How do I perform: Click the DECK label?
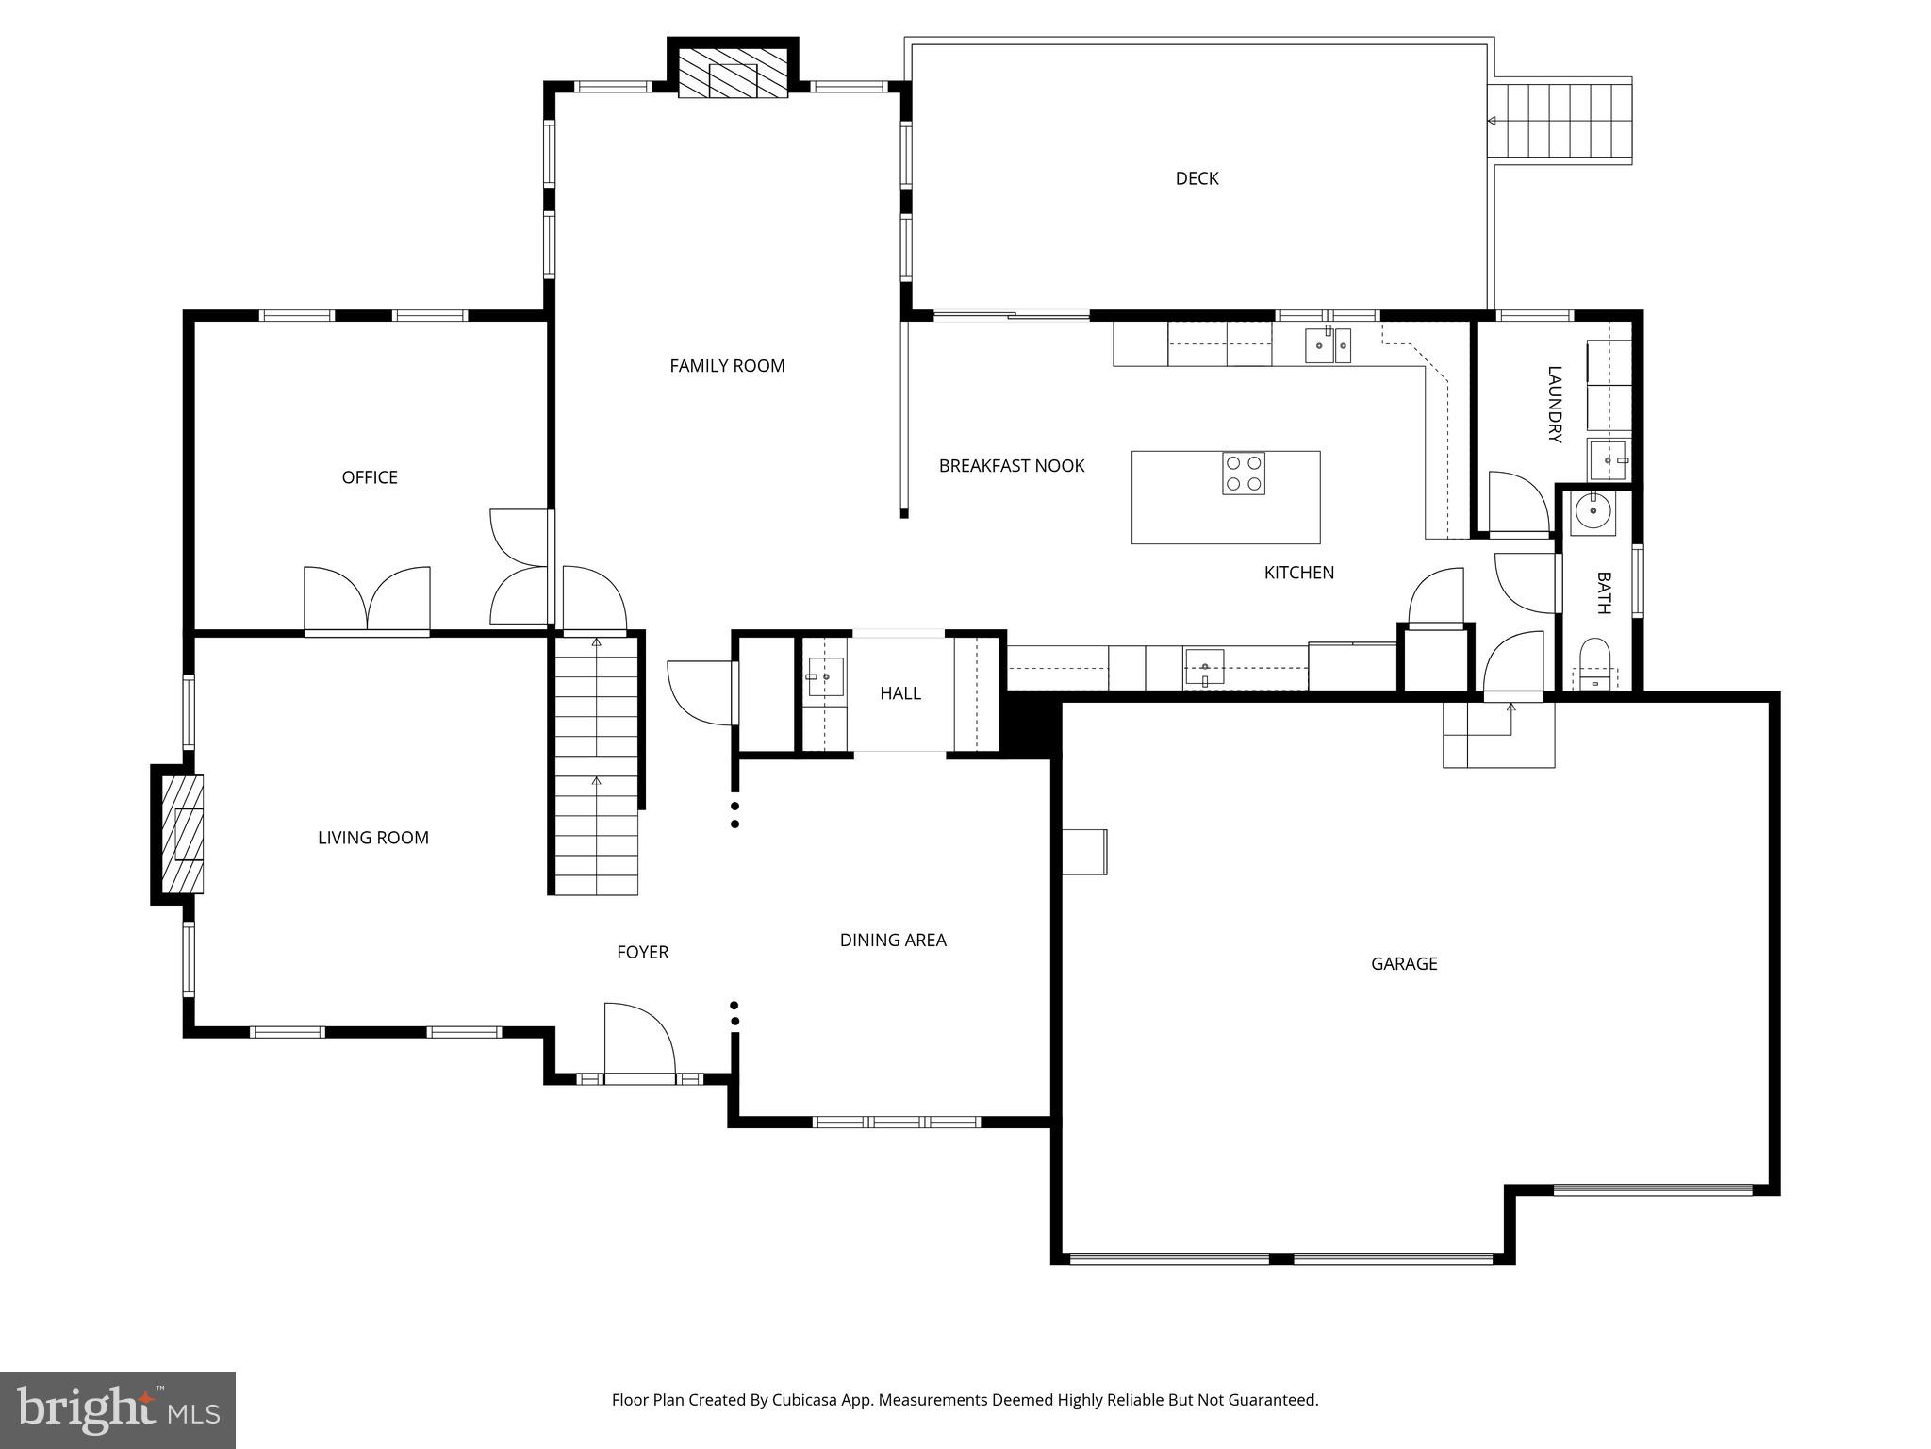pos(1197,178)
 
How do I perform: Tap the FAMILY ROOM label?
pos(727,366)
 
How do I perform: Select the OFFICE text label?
pos(370,477)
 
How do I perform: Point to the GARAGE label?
pos(1403,963)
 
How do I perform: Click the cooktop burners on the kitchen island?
pos(1244,474)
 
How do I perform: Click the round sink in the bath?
pos(1593,513)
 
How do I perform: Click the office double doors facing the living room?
pos(367,598)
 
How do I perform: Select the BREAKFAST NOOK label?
pos(1011,466)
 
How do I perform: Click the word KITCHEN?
pos(1298,573)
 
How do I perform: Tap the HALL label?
pos(899,693)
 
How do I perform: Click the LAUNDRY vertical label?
pos(1555,405)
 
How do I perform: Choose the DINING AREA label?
pos(892,940)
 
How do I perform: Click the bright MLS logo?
pos(117,1409)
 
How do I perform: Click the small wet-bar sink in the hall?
pos(825,676)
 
